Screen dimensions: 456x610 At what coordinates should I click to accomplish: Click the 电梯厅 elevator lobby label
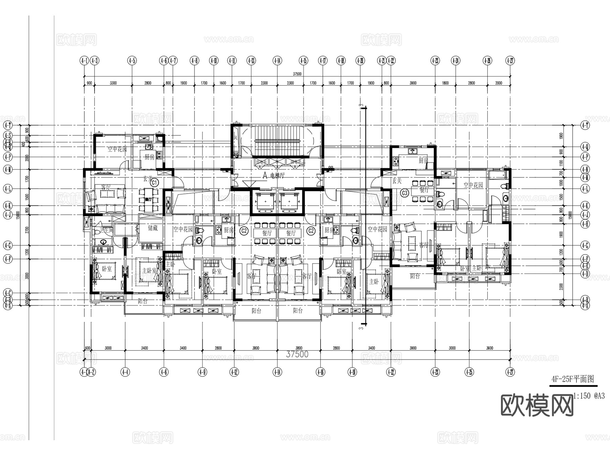(x=278, y=176)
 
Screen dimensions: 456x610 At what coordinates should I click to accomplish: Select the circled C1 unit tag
(x=155, y=183)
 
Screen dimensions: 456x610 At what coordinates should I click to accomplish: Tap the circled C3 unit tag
(x=405, y=193)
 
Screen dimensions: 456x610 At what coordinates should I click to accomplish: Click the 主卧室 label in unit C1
(x=149, y=271)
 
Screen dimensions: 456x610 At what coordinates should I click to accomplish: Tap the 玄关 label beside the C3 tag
(x=397, y=181)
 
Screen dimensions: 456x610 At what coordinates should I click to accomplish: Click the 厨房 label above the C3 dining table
(x=423, y=160)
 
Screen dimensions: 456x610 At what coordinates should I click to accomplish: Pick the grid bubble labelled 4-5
(x=132, y=61)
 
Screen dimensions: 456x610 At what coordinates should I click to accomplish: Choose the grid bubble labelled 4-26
(x=487, y=61)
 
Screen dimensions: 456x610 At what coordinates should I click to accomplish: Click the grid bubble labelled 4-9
(x=202, y=372)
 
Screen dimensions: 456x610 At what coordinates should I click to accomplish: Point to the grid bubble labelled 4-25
(x=469, y=372)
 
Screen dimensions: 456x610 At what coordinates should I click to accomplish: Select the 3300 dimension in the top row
(x=113, y=83)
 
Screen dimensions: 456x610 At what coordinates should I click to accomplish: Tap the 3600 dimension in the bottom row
(x=489, y=348)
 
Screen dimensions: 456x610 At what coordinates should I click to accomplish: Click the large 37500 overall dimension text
(x=297, y=354)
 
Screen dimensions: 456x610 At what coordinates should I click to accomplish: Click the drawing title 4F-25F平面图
(x=573, y=379)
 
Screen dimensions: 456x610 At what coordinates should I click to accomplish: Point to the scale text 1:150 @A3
(x=590, y=395)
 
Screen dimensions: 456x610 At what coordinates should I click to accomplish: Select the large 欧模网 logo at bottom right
(x=537, y=405)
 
